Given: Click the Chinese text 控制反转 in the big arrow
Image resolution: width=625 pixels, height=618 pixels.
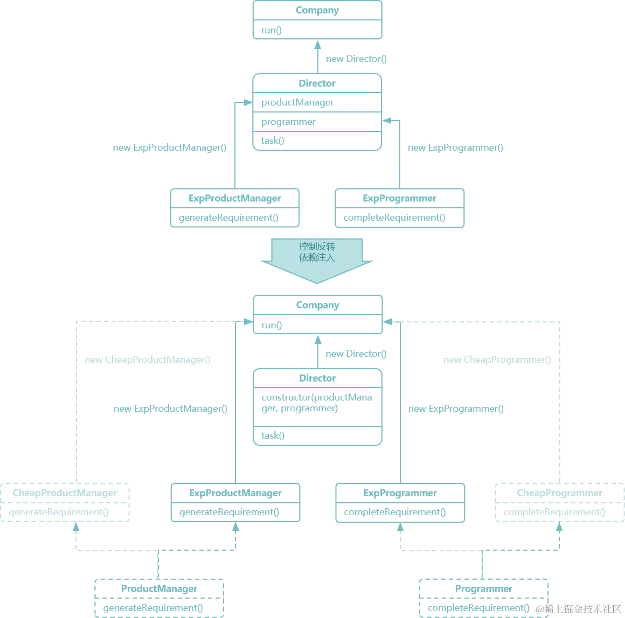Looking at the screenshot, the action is coord(317,246).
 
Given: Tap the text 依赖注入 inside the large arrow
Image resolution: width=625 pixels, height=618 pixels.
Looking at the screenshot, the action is coord(317,257).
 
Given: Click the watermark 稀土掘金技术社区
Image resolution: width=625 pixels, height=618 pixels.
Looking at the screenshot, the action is coord(577,608).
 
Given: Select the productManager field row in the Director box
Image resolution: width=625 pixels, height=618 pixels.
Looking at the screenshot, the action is coord(297,102).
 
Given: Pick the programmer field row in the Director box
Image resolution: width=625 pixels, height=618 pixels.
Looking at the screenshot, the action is coord(289,122).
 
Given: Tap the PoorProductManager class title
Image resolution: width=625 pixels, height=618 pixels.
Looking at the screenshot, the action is coord(66,494).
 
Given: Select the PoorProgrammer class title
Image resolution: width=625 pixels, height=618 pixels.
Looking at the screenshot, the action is coord(560,494).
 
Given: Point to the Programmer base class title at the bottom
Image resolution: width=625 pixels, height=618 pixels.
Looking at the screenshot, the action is coord(484,589).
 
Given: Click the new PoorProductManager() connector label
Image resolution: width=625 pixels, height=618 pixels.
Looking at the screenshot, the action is coord(146,360).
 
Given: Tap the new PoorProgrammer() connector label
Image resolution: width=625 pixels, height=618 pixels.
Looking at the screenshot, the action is coord(498,360).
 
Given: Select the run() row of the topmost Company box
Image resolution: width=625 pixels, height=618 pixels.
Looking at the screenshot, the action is coord(271,31).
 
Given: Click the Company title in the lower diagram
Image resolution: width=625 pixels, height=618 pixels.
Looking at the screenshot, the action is coord(317,306).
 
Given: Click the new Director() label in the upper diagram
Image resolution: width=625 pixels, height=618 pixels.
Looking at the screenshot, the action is coord(355,59).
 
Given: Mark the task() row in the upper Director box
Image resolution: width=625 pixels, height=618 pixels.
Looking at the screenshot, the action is coord(272,141).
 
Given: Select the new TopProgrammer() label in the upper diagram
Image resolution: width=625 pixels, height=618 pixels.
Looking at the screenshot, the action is coord(454,146).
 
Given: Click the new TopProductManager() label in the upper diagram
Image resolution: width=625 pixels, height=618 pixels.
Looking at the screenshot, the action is coord(170,146).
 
